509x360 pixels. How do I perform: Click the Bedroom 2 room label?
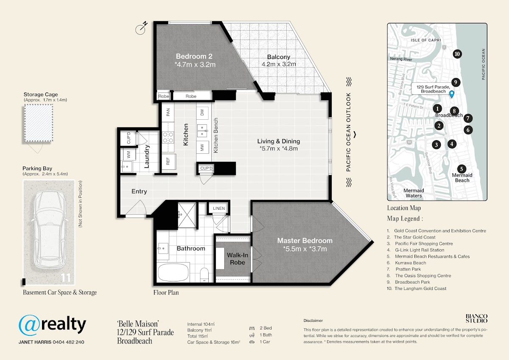pyautogui.click(x=194, y=56)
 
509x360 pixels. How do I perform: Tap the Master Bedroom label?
pyautogui.click(x=305, y=241)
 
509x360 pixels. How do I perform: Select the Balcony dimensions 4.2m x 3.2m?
pyautogui.click(x=279, y=64)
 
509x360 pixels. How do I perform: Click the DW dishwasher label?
pyautogui.click(x=202, y=112)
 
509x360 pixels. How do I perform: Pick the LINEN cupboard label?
pyautogui.click(x=218, y=208)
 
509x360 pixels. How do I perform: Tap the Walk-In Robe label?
pyautogui.click(x=238, y=259)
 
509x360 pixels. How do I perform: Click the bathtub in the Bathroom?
pyautogui.click(x=173, y=272)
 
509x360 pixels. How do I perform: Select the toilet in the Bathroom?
pyautogui.click(x=204, y=275)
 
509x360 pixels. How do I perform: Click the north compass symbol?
pyautogui.click(x=141, y=28)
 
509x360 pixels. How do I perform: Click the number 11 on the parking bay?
pyautogui.click(x=66, y=278)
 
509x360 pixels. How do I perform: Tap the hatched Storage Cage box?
pyautogui.click(x=39, y=123)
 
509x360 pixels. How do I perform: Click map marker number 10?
pyautogui.click(x=457, y=54)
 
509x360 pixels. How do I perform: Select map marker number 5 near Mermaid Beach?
pyautogui.click(x=461, y=169)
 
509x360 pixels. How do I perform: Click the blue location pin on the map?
pyautogui.click(x=452, y=94)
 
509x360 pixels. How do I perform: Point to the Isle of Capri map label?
pyautogui.click(x=425, y=40)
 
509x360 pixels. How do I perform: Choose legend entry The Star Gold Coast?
pyautogui.click(x=414, y=237)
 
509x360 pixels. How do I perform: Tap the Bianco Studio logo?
pyautogui.click(x=476, y=319)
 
